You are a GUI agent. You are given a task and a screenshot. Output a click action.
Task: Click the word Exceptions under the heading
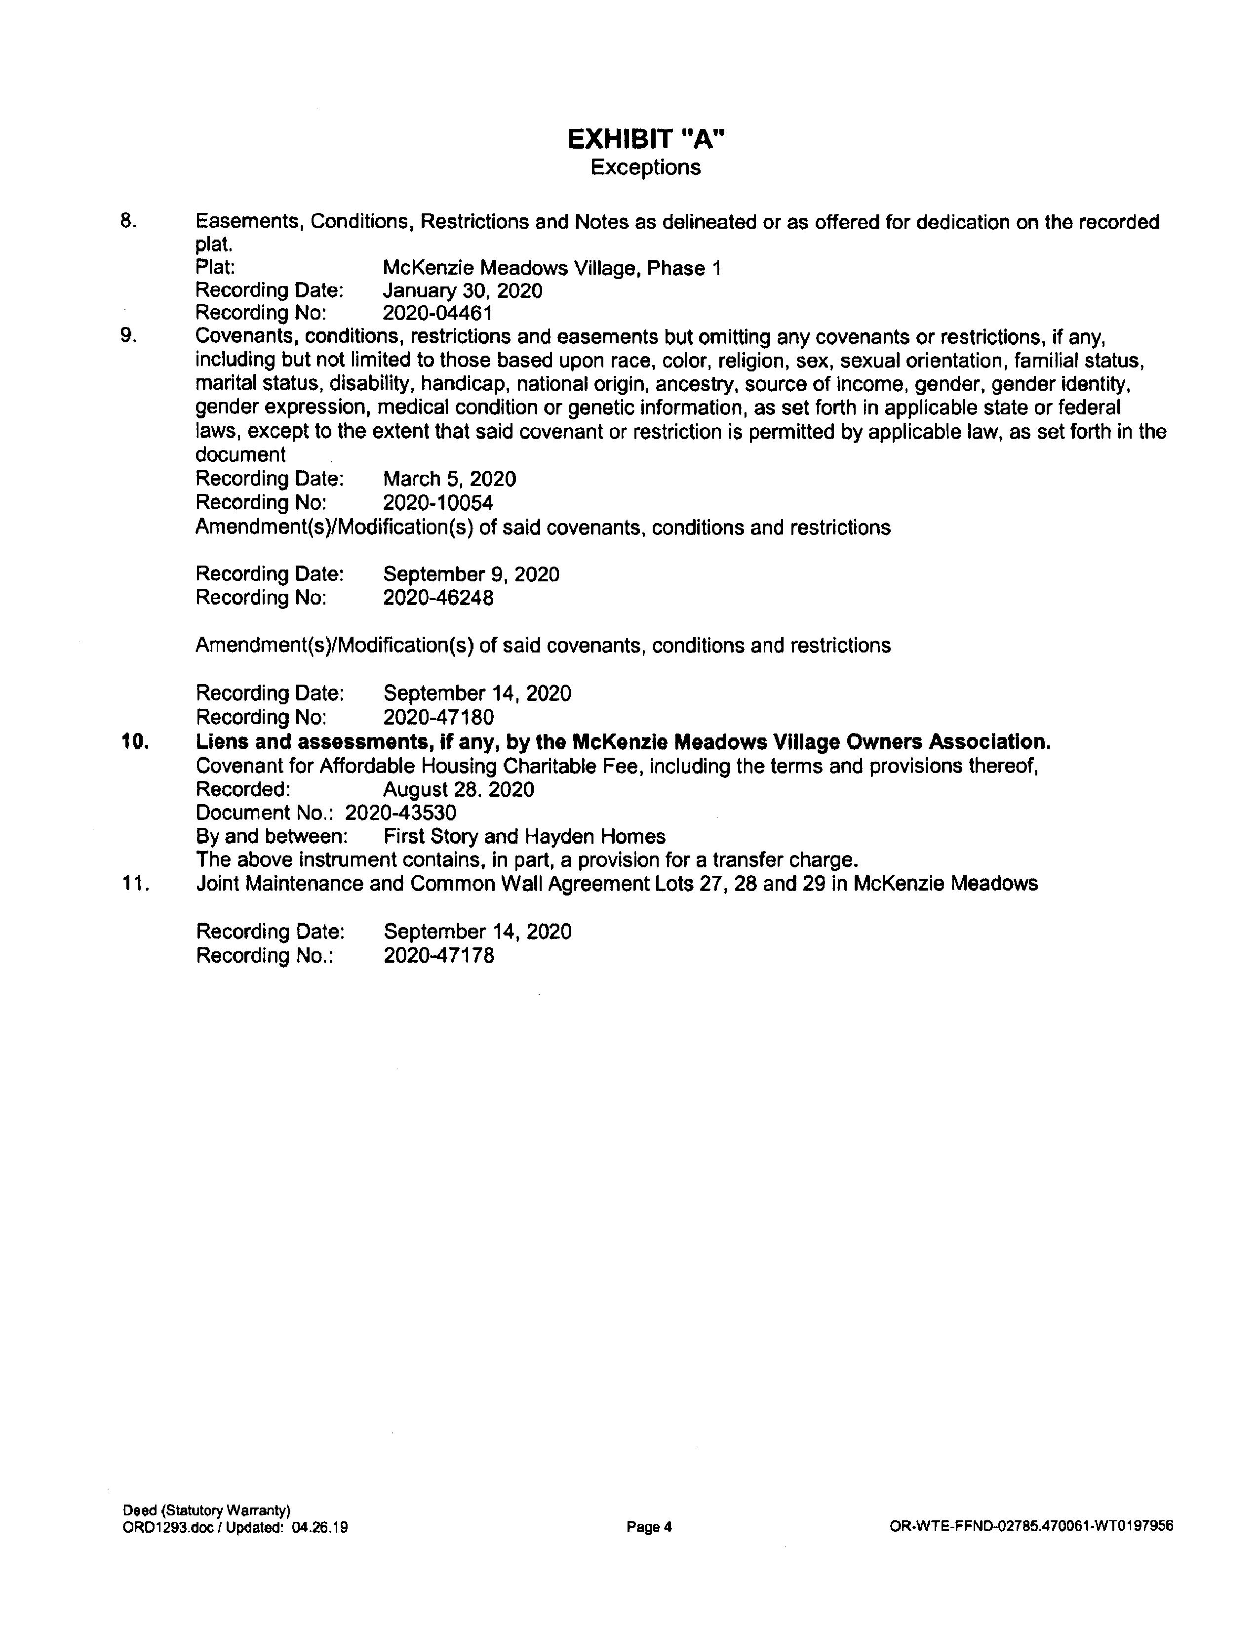pyautogui.click(x=646, y=167)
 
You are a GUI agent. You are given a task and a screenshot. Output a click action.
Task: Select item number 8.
pyautogui.click(x=128, y=222)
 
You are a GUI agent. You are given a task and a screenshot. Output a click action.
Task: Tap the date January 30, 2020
pyautogui.click(x=463, y=290)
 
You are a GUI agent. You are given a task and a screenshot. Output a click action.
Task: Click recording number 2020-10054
pyautogui.click(x=438, y=502)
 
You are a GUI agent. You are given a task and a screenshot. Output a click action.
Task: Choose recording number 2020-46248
pyautogui.click(x=438, y=598)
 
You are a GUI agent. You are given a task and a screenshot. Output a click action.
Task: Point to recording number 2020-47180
pyautogui.click(x=438, y=717)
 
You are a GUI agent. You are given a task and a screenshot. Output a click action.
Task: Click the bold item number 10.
pyautogui.click(x=136, y=742)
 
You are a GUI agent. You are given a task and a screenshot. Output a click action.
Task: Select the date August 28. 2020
pyautogui.click(x=459, y=790)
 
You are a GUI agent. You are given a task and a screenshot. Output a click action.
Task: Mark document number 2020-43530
pyautogui.click(x=400, y=813)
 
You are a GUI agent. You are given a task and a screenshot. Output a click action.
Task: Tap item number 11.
pyautogui.click(x=136, y=884)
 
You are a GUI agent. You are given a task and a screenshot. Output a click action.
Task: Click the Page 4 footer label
pyautogui.click(x=649, y=1527)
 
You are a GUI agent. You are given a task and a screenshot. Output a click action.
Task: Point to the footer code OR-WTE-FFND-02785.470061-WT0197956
pyautogui.click(x=1031, y=1526)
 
